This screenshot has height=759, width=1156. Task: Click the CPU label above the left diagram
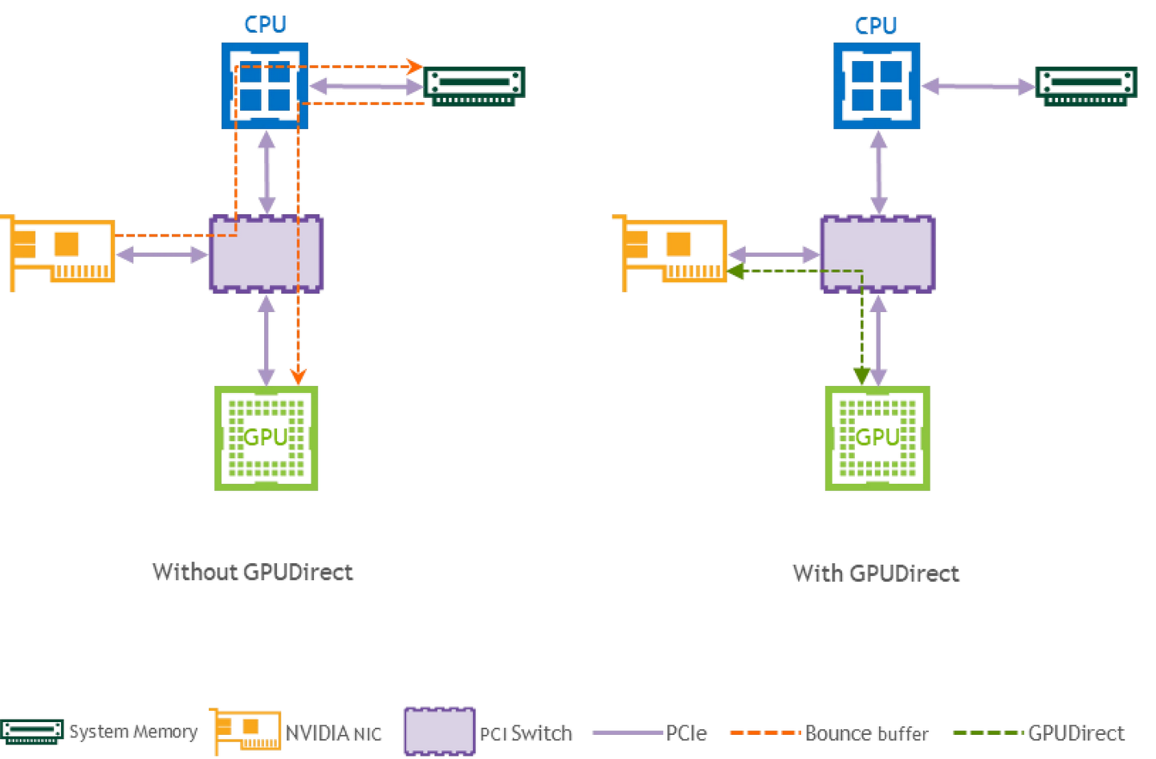pos(265,25)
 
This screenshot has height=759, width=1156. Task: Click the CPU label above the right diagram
pos(876,26)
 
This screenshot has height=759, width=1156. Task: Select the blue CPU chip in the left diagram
pos(265,86)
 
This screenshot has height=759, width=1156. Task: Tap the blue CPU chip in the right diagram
pos(877,86)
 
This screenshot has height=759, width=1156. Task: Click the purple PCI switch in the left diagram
pos(267,254)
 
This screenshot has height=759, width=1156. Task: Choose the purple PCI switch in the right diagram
pos(877,254)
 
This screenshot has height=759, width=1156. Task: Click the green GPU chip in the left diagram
pos(267,438)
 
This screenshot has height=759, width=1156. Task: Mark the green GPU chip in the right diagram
pos(877,438)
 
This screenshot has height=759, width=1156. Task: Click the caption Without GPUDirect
pos(253,572)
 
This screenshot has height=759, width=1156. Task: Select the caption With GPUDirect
pos(876,573)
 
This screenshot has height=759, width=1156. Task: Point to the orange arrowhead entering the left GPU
pos(298,375)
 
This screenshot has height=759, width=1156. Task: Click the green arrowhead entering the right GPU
pos(861,375)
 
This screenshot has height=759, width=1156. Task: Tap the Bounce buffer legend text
pos(867,733)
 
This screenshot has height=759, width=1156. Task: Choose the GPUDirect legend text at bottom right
pos(1077,733)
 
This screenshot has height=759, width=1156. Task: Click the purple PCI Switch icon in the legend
pos(439,731)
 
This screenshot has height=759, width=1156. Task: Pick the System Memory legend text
pos(133,732)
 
